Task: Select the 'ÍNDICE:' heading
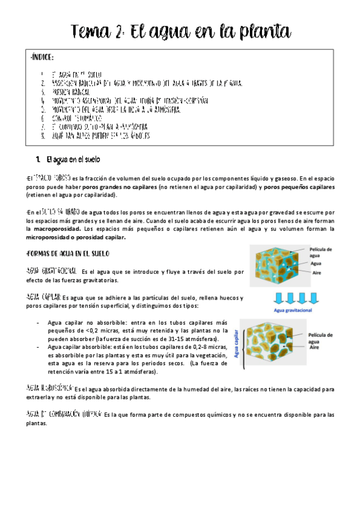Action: tap(41, 57)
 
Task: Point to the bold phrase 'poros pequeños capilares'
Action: tap(299, 187)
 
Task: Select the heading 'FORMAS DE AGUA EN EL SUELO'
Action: tap(74, 252)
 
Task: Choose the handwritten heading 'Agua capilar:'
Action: tap(44, 298)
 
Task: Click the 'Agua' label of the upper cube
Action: tap(317, 263)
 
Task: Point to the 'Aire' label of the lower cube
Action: tap(314, 347)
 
